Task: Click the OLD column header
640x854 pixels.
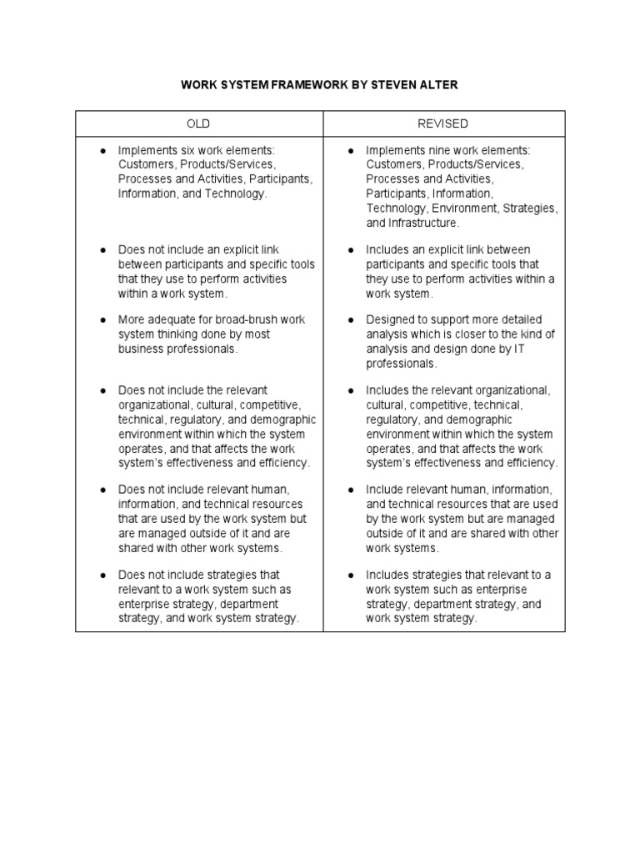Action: pyautogui.click(x=198, y=123)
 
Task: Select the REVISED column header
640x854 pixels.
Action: pyautogui.click(x=442, y=123)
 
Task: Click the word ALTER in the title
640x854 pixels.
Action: pyautogui.click(x=435, y=85)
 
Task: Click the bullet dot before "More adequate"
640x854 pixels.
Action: pyautogui.click(x=102, y=320)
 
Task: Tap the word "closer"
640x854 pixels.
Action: pyautogui.click(x=467, y=334)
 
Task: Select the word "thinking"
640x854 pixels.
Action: pyautogui.click(x=177, y=334)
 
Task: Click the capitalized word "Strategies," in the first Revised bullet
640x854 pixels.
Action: pyautogui.click(x=530, y=208)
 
